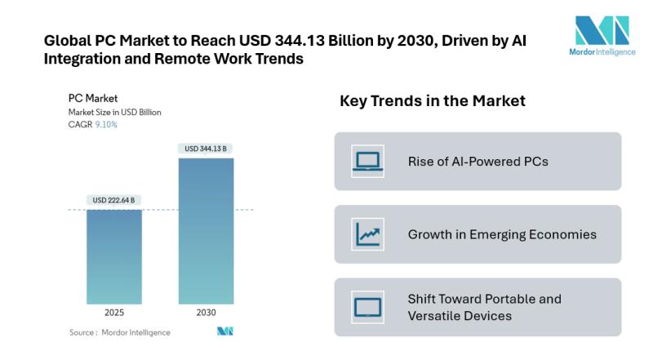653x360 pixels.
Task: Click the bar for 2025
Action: click(113, 256)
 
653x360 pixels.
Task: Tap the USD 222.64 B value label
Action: click(113, 200)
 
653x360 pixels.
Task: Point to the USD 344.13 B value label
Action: click(206, 149)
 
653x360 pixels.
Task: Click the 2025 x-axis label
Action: click(113, 313)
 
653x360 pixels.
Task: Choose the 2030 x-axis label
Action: click(206, 313)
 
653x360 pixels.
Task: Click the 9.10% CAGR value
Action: click(106, 125)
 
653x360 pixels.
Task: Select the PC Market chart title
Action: click(93, 99)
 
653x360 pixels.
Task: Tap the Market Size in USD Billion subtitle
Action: click(114, 112)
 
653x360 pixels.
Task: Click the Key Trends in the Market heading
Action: click(432, 101)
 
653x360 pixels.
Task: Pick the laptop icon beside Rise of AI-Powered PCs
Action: click(367, 161)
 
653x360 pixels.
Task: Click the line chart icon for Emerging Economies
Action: click(367, 234)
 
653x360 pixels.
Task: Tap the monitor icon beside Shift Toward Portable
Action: click(367, 307)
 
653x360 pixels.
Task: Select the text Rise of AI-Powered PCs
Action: click(478, 161)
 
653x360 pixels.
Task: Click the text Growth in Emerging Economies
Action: click(502, 234)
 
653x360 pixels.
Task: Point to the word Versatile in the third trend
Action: click(439, 316)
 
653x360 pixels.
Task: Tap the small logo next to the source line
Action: click(225, 331)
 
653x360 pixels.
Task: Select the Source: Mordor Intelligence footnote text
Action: click(120, 332)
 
